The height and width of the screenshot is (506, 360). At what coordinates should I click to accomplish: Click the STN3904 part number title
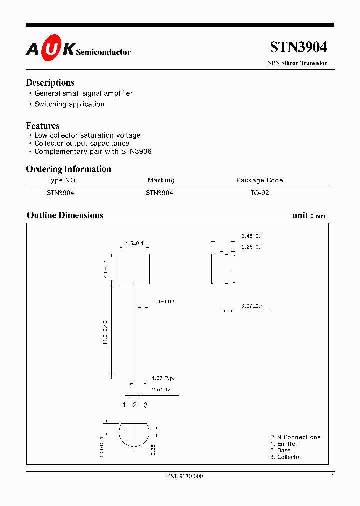point(298,47)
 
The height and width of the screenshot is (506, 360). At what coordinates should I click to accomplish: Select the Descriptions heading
point(50,83)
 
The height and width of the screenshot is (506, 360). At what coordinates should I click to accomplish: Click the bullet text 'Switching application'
point(69,104)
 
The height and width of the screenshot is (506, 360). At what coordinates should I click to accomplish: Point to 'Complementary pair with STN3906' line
point(93,151)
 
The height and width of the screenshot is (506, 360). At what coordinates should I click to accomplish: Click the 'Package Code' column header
point(259,180)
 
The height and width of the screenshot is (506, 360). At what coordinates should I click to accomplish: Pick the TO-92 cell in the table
point(260,193)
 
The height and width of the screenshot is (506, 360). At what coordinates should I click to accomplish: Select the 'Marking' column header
point(161,180)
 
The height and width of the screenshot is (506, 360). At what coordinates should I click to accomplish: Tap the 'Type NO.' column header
point(62,180)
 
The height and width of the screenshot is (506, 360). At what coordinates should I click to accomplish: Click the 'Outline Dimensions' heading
point(65,215)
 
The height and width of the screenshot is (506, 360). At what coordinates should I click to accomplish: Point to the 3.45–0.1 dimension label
point(252,236)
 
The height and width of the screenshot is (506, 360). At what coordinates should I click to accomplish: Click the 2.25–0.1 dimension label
point(252,247)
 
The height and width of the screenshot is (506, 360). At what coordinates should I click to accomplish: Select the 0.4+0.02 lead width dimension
point(163,302)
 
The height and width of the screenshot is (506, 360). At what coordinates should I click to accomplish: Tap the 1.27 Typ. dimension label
point(163,378)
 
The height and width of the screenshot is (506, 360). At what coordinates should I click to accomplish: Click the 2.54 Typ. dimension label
point(163,390)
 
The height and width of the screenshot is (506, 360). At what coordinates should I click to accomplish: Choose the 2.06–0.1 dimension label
point(252,306)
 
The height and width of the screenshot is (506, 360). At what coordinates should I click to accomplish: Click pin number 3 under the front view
point(146,405)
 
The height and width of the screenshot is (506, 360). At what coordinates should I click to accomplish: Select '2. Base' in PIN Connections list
point(280,450)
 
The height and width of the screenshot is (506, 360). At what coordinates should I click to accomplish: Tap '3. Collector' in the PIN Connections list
point(286,457)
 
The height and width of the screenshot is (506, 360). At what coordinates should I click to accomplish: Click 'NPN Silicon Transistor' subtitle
point(298,63)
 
